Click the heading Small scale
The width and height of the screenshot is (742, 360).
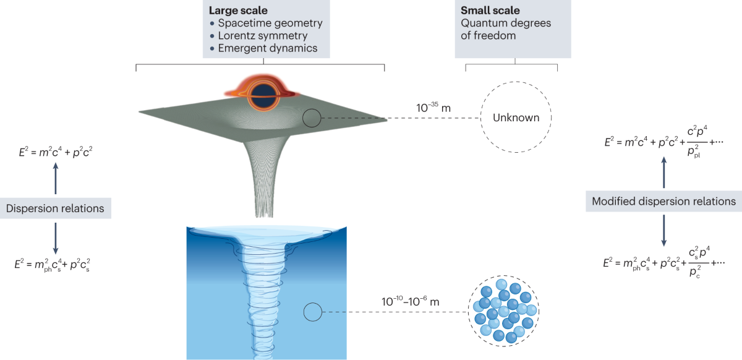(487, 11)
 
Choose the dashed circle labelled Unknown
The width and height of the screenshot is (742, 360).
(516, 118)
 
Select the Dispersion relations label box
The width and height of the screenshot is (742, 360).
(56, 208)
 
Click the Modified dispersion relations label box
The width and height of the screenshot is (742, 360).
(663, 201)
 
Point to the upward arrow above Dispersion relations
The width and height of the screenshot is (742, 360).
(56, 179)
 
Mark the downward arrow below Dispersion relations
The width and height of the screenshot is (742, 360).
(56, 238)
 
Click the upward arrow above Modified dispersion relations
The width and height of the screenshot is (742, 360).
(664, 173)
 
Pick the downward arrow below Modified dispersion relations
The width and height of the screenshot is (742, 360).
(664, 229)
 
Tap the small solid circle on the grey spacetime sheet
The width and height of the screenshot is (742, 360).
(312, 118)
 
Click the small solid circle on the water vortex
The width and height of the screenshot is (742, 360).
(312, 311)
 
